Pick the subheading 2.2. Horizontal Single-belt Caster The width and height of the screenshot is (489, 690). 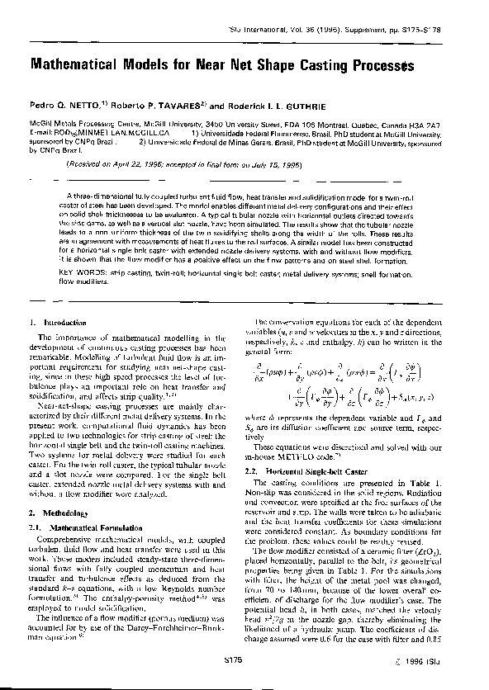(x=301, y=470)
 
